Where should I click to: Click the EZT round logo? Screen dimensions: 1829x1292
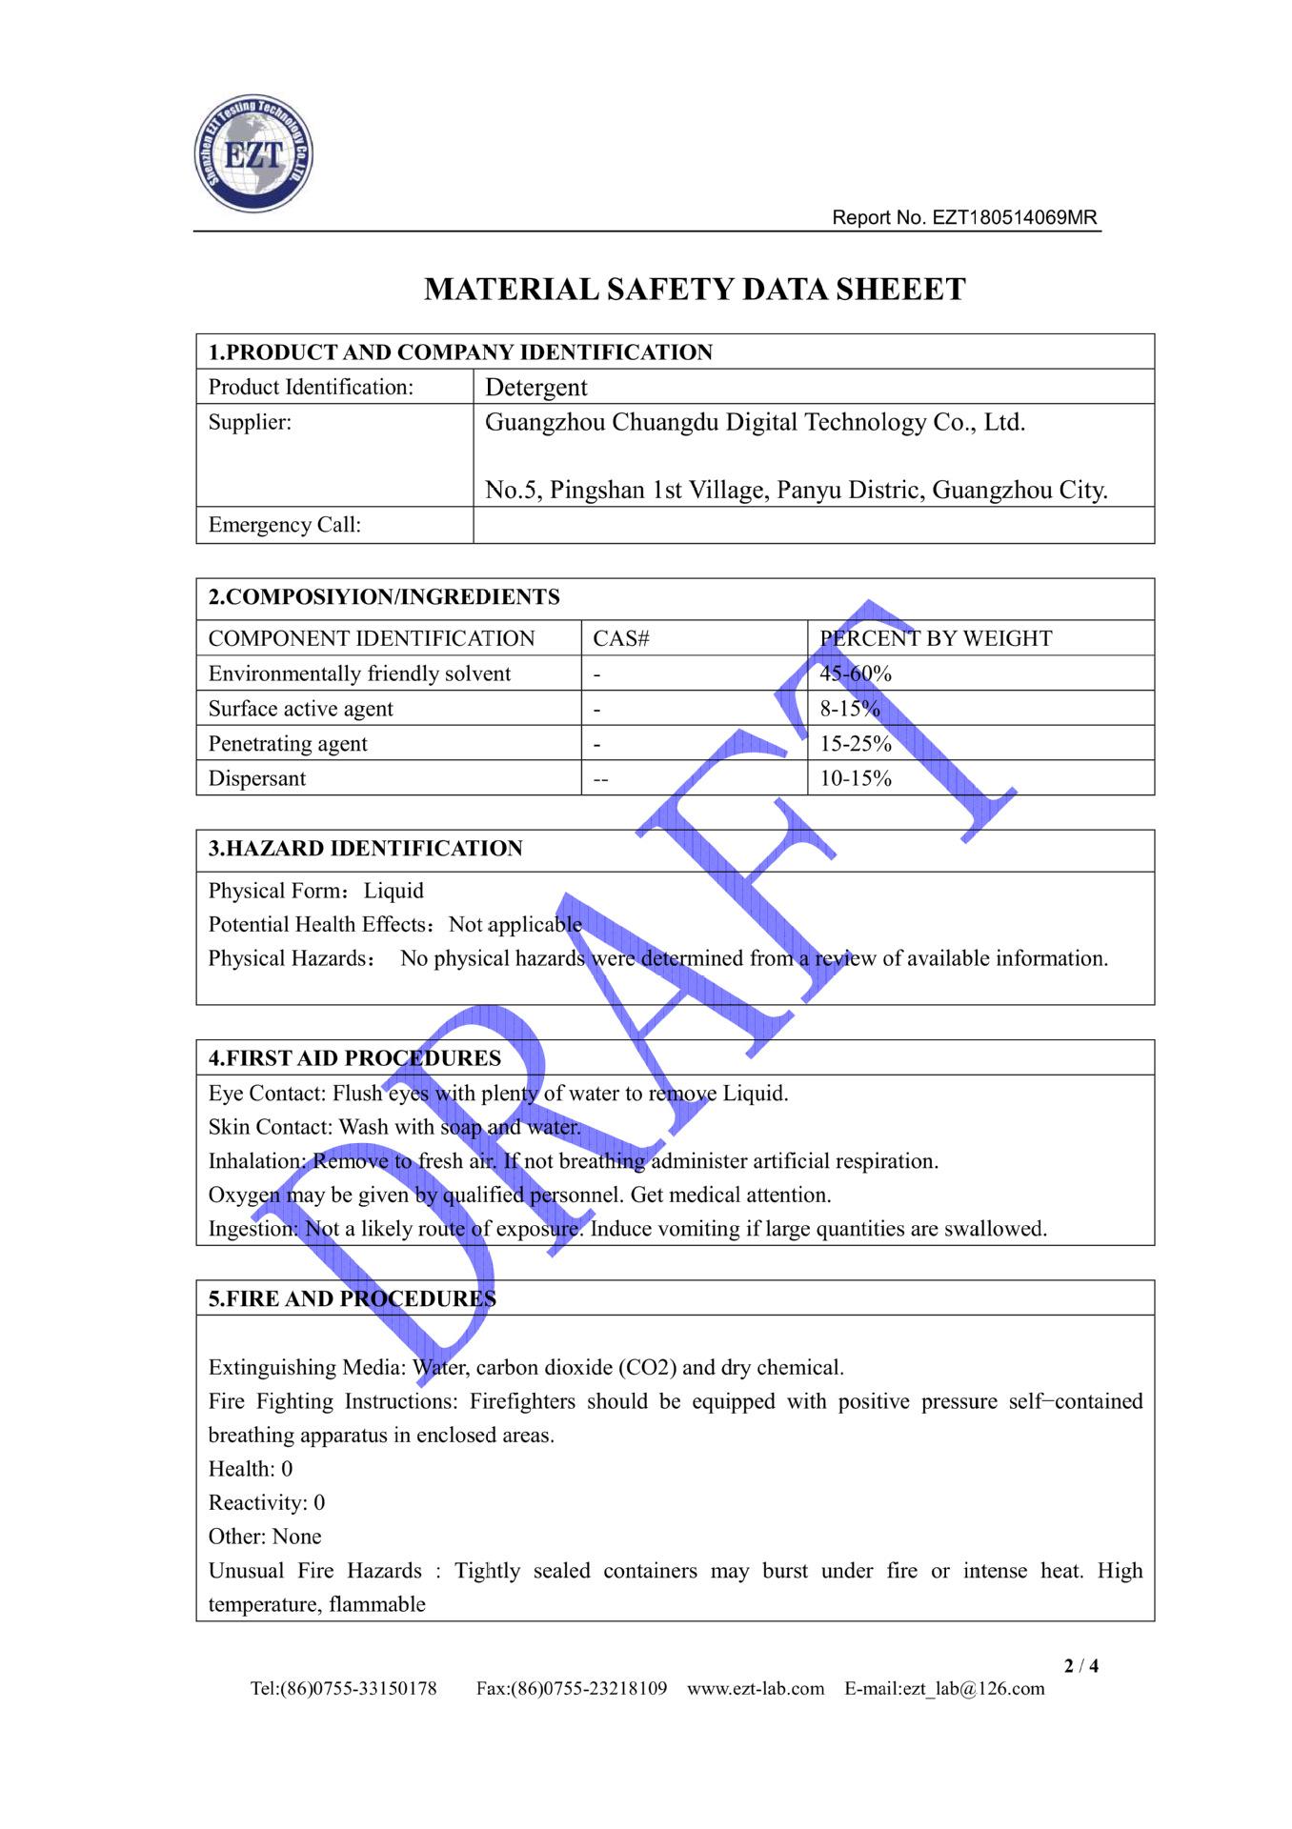(253, 153)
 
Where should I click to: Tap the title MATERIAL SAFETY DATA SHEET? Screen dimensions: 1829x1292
(695, 289)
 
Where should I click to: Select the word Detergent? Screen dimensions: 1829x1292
(535, 387)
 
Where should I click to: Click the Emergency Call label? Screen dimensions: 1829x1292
(284, 525)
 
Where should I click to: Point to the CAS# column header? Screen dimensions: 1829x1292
(620, 638)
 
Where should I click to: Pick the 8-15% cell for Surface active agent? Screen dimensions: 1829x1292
(850, 709)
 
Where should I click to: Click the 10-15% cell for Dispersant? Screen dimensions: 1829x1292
(856, 778)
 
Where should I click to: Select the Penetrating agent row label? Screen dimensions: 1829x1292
(288, 743)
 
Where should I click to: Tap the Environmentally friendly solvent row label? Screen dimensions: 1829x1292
(359, 673)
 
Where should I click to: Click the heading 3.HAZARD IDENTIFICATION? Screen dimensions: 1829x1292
(365, 849)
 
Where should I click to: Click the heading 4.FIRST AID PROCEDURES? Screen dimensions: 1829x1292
(354, 1058)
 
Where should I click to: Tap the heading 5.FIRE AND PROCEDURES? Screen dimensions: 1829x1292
(352, 1298)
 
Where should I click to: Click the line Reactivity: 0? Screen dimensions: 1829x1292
(267, 1502)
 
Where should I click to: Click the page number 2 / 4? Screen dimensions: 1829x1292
(1080, 1665)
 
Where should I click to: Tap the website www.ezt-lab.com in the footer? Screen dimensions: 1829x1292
(756, 1689)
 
